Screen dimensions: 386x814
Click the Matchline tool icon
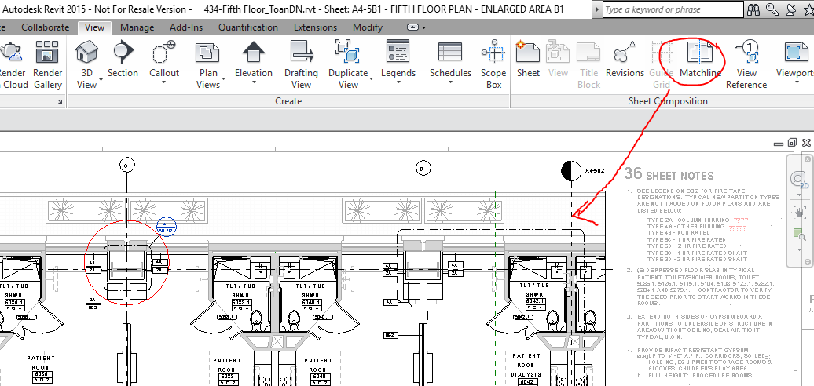pyautogui.click(x=699, y=53)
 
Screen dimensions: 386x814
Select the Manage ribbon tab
pyautogui.click(x=137, y=27)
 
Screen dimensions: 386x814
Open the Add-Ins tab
pyautogui.click(x=186, y=27)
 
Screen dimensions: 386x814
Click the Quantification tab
pyautogui.click(x=248, y=27)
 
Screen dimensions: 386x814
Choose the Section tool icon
pyautogui.click(x=123, y=53)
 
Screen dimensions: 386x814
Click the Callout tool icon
pyautogui.click(x=164, y=53)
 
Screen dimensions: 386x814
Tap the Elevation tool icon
pyautogui.click(x=254, y=53)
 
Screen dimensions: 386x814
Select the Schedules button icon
pyautogui.click(x=450, y=53)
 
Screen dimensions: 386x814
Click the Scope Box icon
pyautogui.click(x=493, y=53)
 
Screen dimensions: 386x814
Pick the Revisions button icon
pyautogui.click(x=625, y=53)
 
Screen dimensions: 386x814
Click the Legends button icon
pyautogui.click(x=398, y=53)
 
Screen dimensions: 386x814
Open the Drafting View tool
pyautogui.click(x=301, y=53)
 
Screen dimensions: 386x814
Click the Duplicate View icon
pyautogui.click(x=347, y=53)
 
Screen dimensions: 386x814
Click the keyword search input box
pyautogui.click(x=668, y=9)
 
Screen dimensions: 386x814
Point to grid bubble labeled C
pyautogui.click(x=126, y=165)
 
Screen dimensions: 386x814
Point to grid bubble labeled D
pyautogui.click(x=422, y=167)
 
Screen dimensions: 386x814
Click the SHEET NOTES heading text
pyautogui.click(x=669, y=176)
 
